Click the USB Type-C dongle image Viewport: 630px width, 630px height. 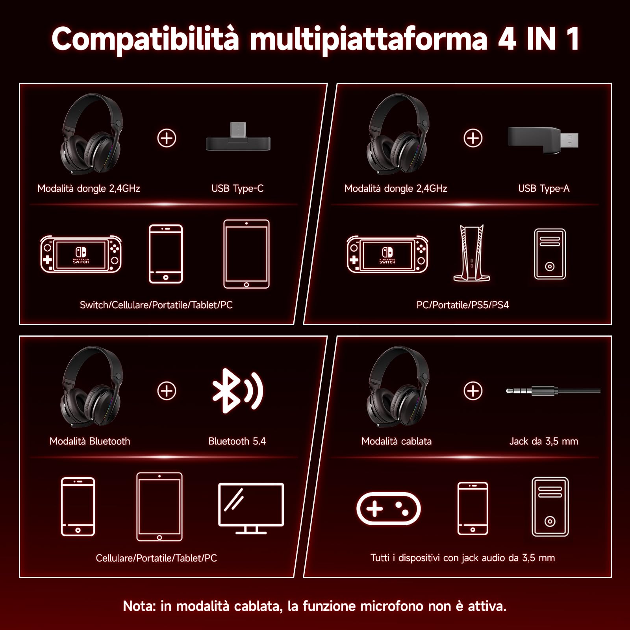(238, 139)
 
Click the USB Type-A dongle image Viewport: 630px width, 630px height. (543, 140)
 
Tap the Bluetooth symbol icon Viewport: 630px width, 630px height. (237, 391)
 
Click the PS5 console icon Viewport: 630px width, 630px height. (471, 253)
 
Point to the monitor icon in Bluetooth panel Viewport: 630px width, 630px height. (251, 508)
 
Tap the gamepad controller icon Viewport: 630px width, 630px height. (388, 508)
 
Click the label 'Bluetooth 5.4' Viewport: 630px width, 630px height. (237, 441)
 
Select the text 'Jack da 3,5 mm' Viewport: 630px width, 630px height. (543, 441)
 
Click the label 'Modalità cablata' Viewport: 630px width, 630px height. (396, 441)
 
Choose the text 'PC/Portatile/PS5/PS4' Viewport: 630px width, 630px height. (462, 305)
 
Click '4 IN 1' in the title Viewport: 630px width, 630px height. (538, 39)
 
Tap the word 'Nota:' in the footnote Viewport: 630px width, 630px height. (139, 606)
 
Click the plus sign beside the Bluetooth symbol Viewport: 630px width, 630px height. (167, 391)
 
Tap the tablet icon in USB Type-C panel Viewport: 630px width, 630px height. (246, 254)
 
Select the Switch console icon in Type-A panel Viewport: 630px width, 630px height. (387, 254)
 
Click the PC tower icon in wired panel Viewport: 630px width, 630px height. (550, 507)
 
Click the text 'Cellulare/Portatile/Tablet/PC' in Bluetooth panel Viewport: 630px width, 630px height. (156, 558)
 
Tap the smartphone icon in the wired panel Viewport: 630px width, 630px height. (472, 508)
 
